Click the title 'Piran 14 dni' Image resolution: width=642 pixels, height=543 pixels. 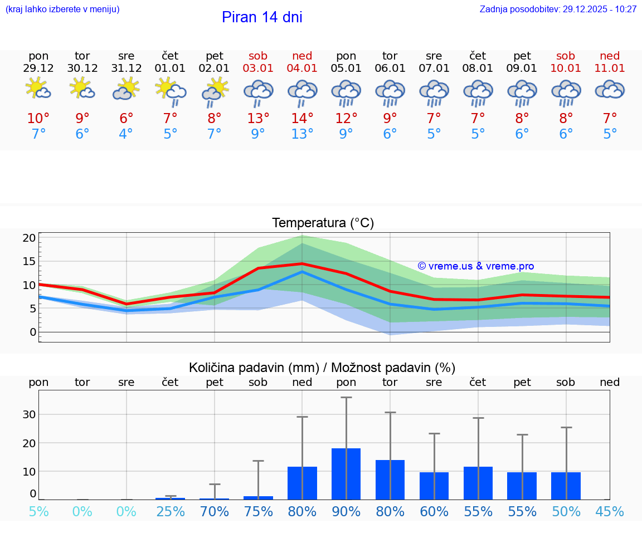[x=262, y=17]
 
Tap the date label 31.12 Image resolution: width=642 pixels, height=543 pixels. [x=127, y=69]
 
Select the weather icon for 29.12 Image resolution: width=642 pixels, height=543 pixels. [x=38, y=89]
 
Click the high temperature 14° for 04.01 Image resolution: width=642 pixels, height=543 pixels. [x=302, y=119]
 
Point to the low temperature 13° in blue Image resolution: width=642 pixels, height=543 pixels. [x=302, y=134]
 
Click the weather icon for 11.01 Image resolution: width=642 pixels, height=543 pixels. [x=610, y=89]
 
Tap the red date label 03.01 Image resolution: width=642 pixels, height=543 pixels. [x=258, y=69]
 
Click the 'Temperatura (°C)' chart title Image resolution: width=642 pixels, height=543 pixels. [x=323, y=223]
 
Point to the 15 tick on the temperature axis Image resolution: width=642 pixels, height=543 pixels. [x=30, y=261]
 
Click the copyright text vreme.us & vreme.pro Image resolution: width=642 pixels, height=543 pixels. [x=476, y=266]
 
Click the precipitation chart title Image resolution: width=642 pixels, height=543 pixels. [x=322, y=368]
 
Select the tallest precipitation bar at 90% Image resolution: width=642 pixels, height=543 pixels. [x=346, y=473]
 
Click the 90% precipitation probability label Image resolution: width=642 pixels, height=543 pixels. [x=346, y=512]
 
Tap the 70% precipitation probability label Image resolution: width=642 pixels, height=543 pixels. [x=215, y=512]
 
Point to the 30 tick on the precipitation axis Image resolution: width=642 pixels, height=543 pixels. [x=30, y=414]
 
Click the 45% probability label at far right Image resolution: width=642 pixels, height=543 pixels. [x=610, y=512]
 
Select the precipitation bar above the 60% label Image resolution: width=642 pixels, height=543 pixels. [x=434, y=486]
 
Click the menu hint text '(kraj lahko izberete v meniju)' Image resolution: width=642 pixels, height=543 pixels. [x=62, y=9]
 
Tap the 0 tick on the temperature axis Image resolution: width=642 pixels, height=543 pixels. [x=33, y=332]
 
